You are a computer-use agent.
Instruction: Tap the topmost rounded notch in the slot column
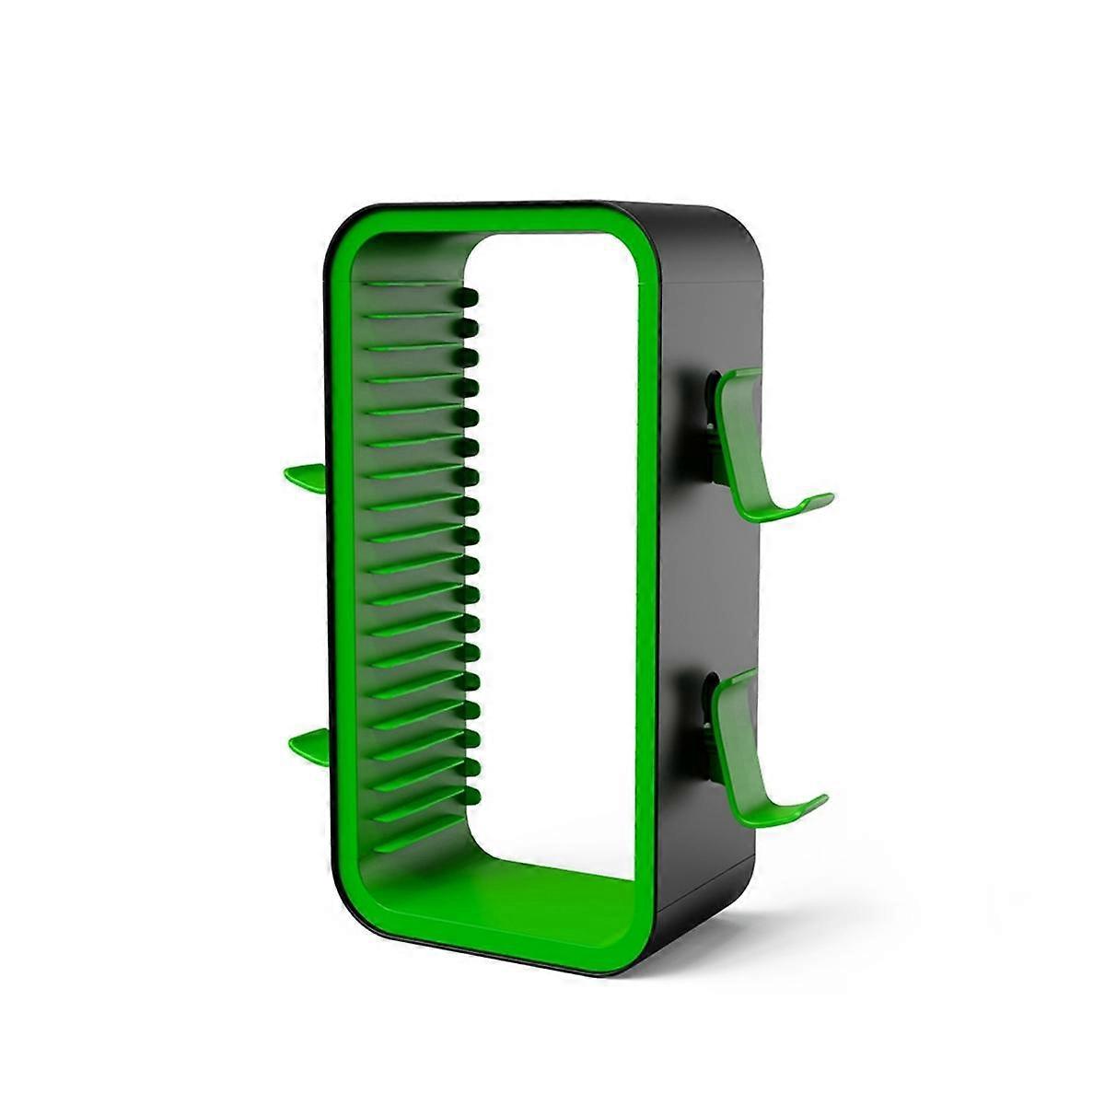(470, 297)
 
